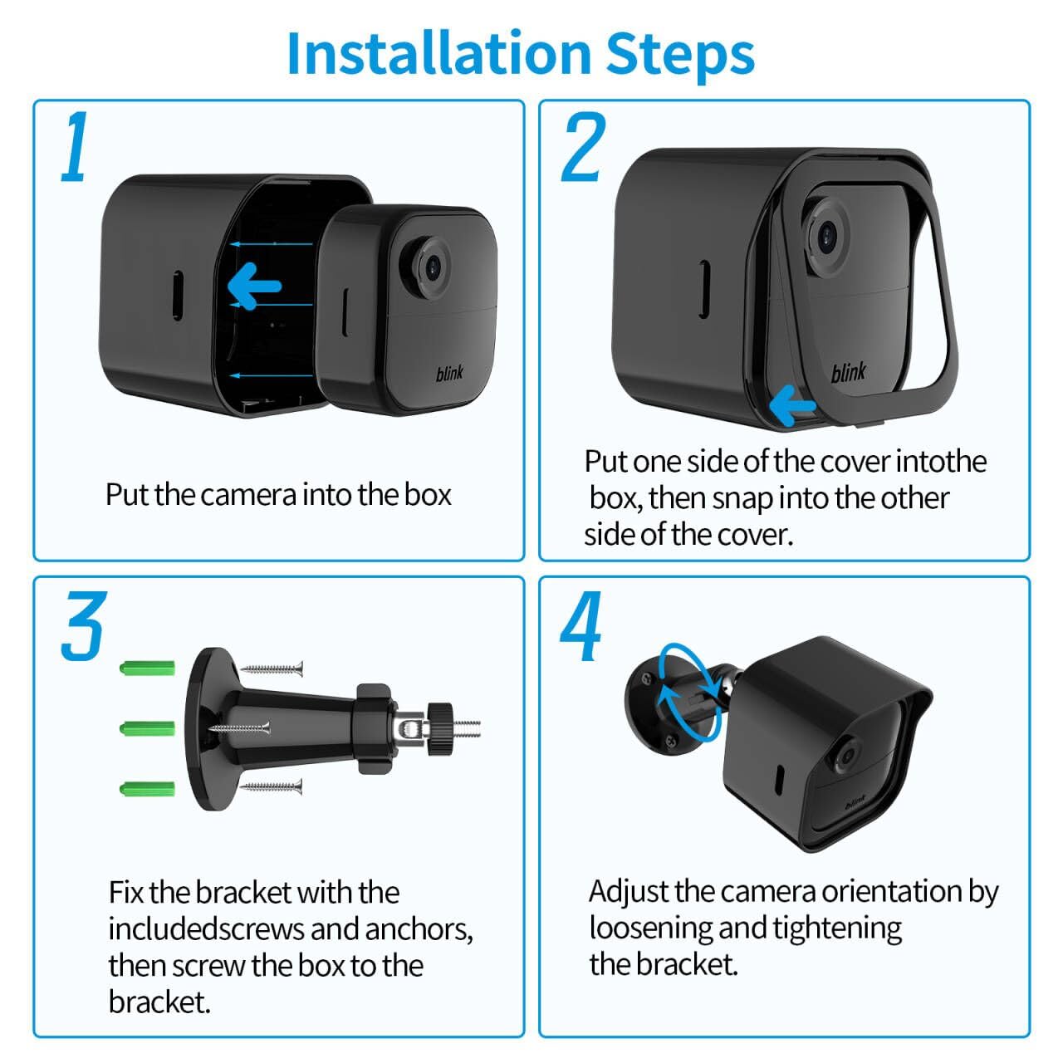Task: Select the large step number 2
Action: pyautogui.click(x=583, y=148)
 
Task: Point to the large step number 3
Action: pyautogui.click(x=83, y=627)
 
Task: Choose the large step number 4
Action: pyautogui.click(x=581, y=629)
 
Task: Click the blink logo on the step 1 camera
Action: pyautogui.click(x=449, y=374)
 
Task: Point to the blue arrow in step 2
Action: pyautogui.click(x=792, y=406)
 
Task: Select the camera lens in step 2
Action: pyautogui.click(x=827, y=237)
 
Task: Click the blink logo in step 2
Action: pyautogui.click(x=848, y=373)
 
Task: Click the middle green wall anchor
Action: pyautogui.click(x=148, y=728)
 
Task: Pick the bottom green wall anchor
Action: pyautogui.click(x=148, y=788)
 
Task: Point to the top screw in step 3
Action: pyautogui.click(x=272, y=668)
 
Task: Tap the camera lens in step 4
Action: pyautogui.click(x=846, y=756)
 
